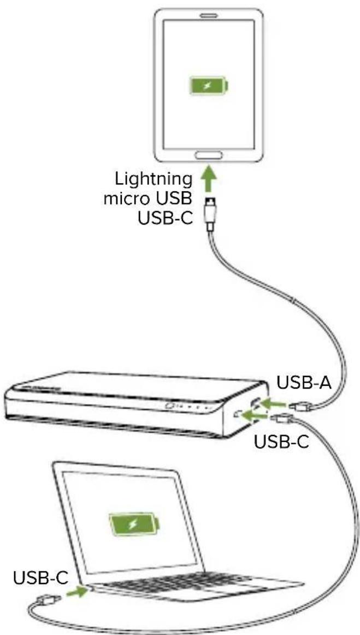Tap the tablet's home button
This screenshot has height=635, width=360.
(x=208, y=155)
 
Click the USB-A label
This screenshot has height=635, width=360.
(x=304, y=382)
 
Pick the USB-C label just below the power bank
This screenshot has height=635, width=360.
(x=282, y=441)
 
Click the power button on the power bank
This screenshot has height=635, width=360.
(x=170, y=407)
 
